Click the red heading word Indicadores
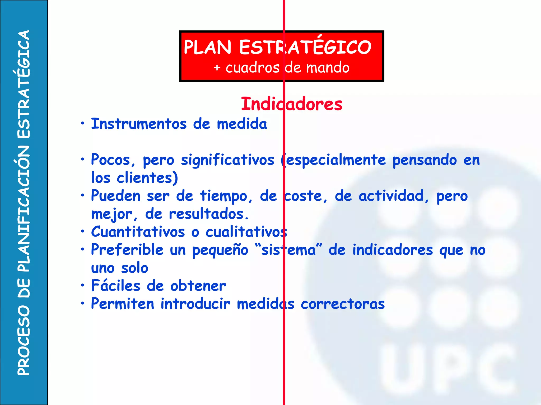(x=292, y=104)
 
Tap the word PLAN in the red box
(x=207, y=47)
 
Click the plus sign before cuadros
(x=217, y=68)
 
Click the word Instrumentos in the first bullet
(x=139, y=124)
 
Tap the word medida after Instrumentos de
(x=242, y=124)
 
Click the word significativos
(x=227, y=160)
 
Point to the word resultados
(x=209, y=214)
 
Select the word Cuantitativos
(x=138, y=232)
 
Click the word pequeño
(x=220, y=250)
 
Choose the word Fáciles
(x=115, y=286)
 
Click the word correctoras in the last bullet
(x=343, y=304)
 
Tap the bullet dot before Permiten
(x=83, y=303)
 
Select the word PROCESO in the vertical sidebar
(x=24, y=340)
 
